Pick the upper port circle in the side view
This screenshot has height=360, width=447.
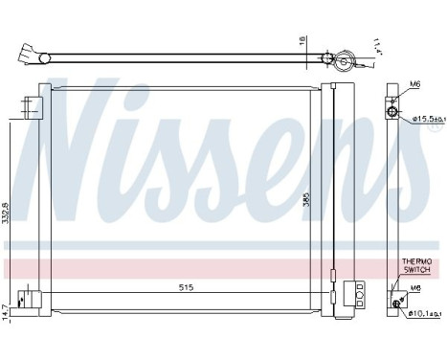[x=391, y=113]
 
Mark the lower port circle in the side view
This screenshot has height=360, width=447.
[x=392, y=304]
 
